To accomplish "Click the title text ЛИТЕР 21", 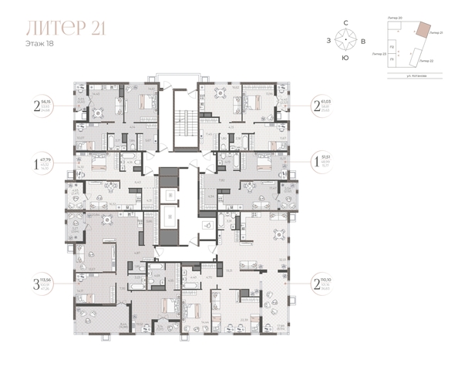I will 66,29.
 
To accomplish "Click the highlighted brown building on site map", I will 423,29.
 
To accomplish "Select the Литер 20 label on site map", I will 396,16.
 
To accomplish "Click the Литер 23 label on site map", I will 378,55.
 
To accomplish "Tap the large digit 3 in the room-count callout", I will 36,282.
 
